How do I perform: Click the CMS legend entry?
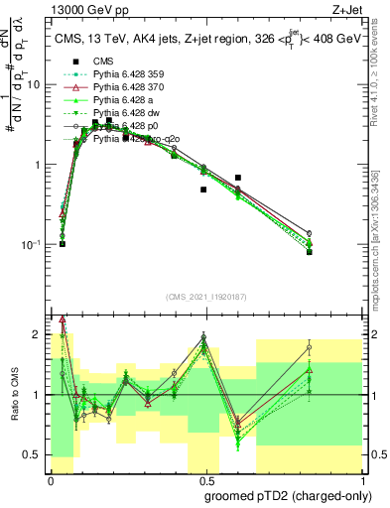pos(102,62)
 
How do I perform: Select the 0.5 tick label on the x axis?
pos(203,479)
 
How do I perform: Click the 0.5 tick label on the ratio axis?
pos(36,455)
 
